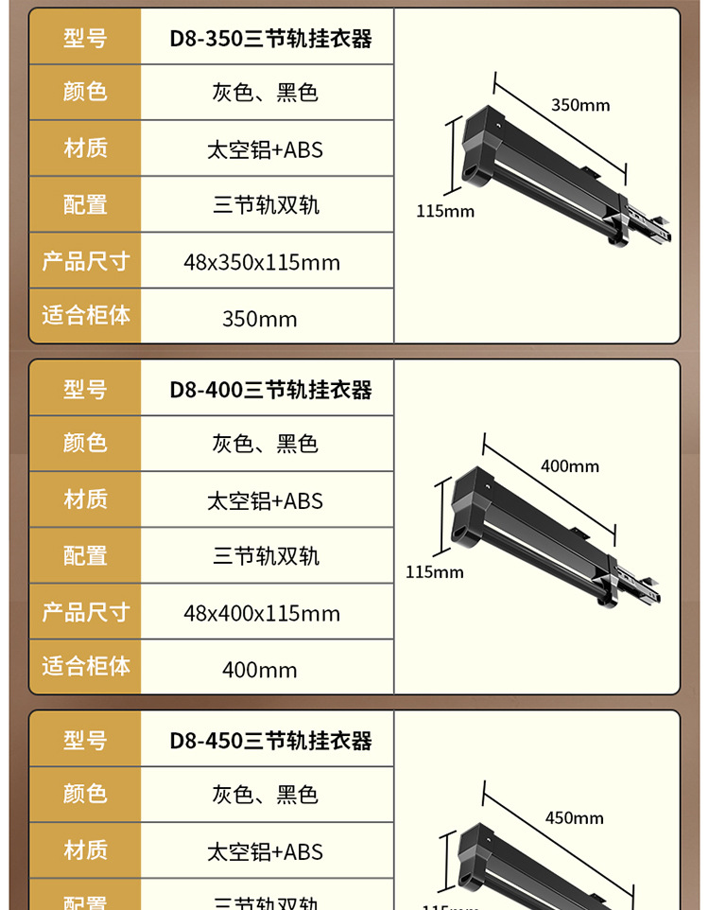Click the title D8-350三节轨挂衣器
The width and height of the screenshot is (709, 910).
[x=270, y=39]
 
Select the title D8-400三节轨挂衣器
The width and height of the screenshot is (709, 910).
[x=270, y=390]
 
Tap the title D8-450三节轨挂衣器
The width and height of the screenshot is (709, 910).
[x=270, y=741]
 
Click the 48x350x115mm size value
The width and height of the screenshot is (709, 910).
[x=262, y=262]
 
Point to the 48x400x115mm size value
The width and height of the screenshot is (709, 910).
[x=262, y=613]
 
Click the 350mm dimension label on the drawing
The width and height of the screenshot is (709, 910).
[x=580, y=105]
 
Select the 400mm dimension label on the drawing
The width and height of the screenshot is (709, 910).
[x=569, y=466]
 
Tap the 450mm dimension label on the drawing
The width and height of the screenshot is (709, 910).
[x=574, y=818]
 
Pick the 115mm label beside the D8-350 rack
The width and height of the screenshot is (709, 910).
[x=445, y=211]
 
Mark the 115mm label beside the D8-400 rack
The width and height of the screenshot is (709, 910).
[x=435, y=571]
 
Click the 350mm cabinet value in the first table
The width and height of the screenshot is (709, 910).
[x=260, y=319]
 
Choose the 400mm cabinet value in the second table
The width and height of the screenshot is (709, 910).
[x=260, y=670]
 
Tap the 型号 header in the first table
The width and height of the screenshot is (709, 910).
[x=85, y=39]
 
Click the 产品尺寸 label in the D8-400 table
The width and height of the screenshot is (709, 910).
[x=85, y=612]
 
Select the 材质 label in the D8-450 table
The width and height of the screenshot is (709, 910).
[x=85, y=850]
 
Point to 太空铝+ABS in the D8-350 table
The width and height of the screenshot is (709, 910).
[x=265, y=149]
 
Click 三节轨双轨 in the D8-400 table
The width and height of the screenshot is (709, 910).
[x=266, y=556]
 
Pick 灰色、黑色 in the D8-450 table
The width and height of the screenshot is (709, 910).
[x=265, y=795]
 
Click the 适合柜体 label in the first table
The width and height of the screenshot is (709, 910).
[x=85, y=315]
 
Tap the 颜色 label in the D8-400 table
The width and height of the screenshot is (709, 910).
[x=85, y=443]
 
